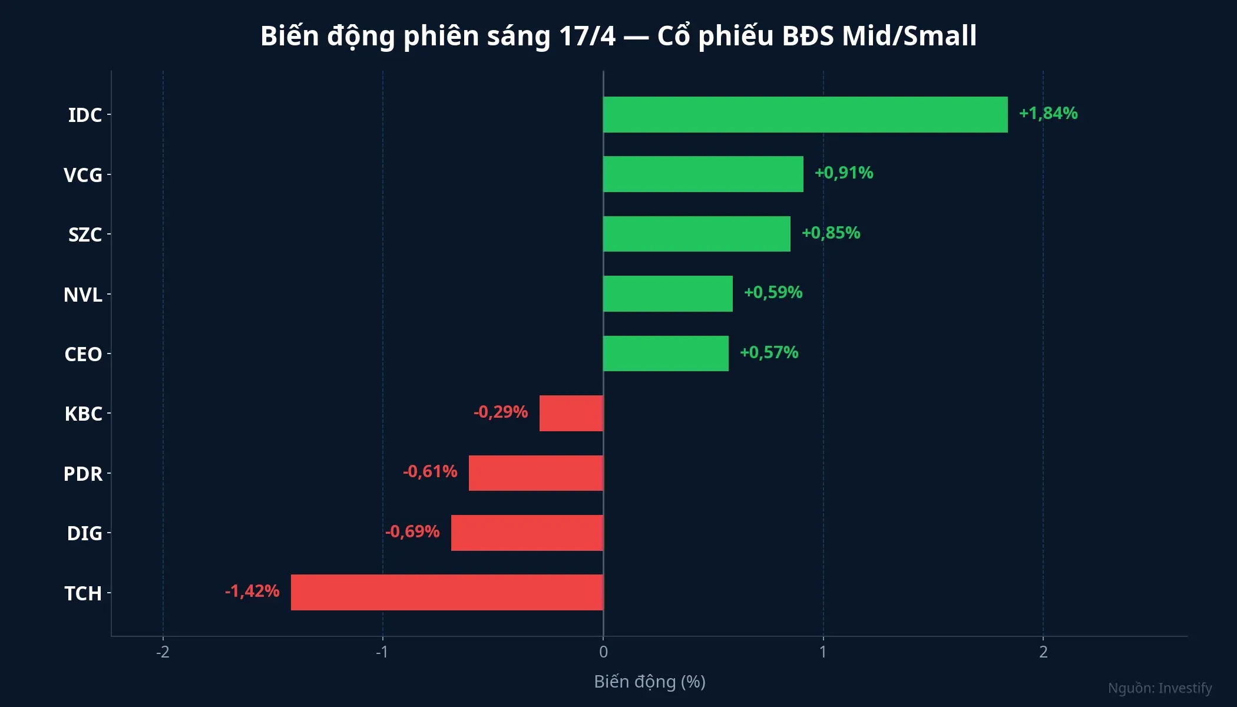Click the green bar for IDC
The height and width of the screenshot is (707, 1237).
tap(805, 114)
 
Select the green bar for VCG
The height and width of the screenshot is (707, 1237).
tap(703, 174)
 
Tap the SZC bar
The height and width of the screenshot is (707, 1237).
tap(696, 234)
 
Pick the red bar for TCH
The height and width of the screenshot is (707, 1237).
tap(447, 592)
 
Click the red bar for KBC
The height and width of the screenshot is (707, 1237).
tap(571, 413)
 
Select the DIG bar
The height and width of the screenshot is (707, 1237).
tap(527, 533)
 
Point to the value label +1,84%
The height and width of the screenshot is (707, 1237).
tap(1048, 113)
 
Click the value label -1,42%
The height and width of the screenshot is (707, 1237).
tap(252, 591)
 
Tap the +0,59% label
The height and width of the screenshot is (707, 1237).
tap(773, 292)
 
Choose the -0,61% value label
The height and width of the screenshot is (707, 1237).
tap(430, 471)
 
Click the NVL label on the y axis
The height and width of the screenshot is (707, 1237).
tap(83, 295)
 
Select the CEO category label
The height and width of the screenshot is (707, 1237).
tap(83, 354)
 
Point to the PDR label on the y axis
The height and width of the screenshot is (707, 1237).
tap(83, 474)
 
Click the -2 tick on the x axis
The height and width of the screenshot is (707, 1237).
tap(163, 652)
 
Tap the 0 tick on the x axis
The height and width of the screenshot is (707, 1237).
tap(603, 652)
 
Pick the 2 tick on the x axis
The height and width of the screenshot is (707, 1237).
tap(1043, 652)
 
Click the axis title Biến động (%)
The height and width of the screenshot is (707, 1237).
tap(650, 682)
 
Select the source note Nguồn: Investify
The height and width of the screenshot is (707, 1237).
tap(1159, 688)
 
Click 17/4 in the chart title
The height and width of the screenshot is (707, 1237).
tap(587, 36)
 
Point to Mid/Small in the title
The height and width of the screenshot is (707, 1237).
tap(909, 36)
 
